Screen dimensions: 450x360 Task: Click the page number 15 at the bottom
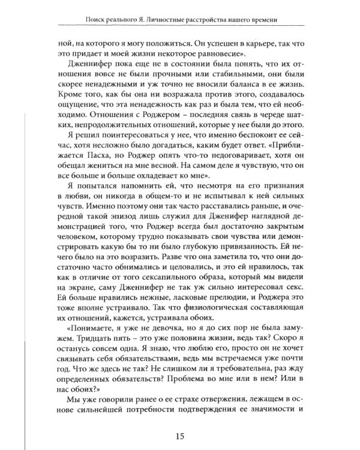pos(180,428)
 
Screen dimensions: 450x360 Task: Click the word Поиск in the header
pos(88,20)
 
